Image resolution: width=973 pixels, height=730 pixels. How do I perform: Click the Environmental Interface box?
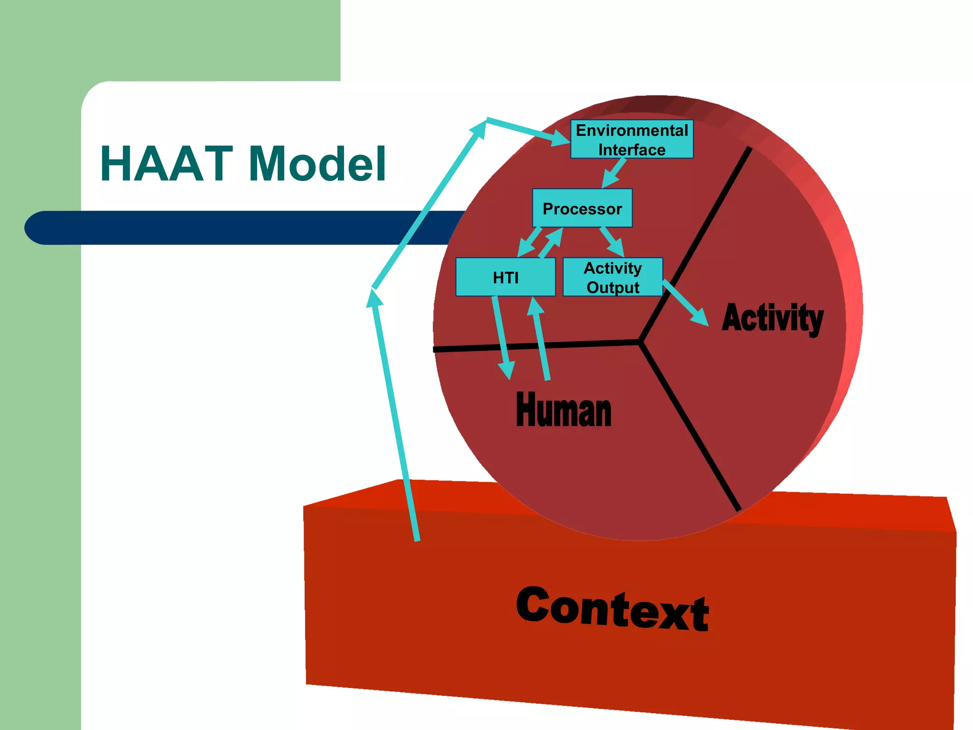click(x=631, y=139)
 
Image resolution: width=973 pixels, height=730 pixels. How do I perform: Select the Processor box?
click(x=582, y=208)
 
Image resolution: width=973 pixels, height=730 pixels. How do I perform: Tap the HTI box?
click(x=505, y=277)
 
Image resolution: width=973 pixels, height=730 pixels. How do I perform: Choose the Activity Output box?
click(x=612, y=277)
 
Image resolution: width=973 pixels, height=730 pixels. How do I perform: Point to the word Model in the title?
click(x=317, y=164)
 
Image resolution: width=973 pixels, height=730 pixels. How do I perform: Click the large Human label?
click(x=563, y=410)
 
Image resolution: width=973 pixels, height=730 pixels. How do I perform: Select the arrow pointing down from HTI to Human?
click(x=502, y=337)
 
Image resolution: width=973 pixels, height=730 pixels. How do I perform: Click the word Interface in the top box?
click(x=631, y=150)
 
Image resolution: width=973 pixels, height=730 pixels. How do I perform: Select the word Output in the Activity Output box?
click(x=613, y=288)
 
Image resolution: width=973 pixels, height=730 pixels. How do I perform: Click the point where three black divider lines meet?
click(x=640, y=341)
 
